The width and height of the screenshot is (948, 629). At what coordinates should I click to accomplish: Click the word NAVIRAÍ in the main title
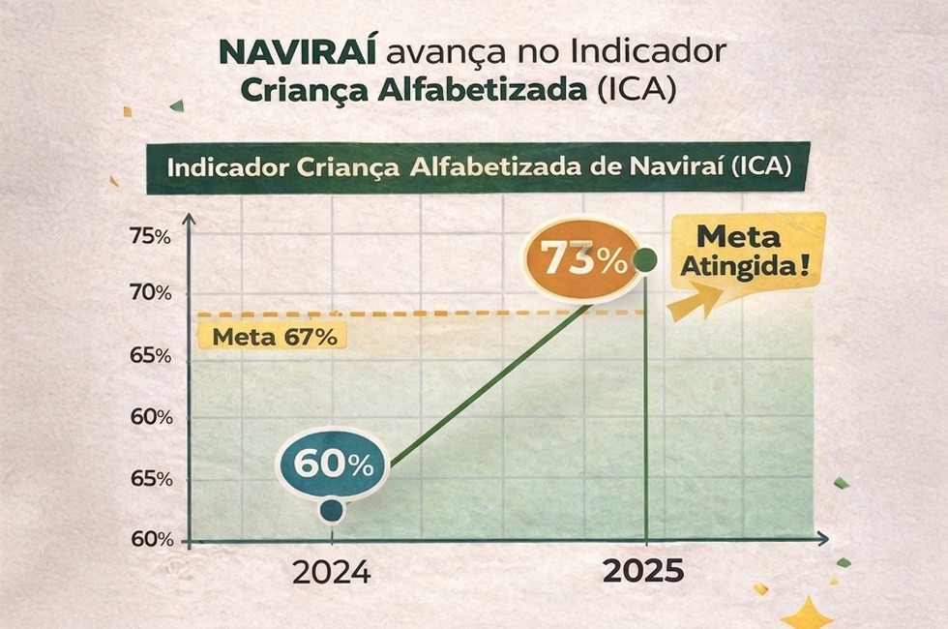(x=301, y=51)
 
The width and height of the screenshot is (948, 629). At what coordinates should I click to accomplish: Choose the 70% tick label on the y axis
(x=150, y=292)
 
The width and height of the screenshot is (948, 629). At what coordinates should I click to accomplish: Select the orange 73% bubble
(x=581, y=258)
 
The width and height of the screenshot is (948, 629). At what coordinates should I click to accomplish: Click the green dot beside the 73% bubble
(x=645, y=259)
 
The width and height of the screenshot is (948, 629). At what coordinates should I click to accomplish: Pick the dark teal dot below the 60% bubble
(x=331, y=510)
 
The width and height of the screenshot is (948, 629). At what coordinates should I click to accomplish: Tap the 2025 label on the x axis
(x=643, y=572)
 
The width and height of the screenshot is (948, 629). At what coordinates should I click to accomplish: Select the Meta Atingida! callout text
(x=741, y=251)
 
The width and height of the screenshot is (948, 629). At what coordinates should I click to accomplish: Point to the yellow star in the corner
(x=806, y=614)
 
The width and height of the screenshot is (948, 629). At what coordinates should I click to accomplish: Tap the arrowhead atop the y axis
(x=189, y=220)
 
